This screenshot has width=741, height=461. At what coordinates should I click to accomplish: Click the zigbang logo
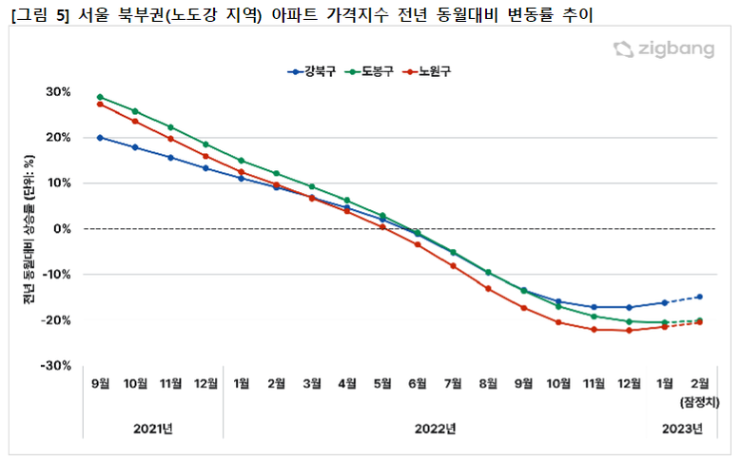tap(663, 50)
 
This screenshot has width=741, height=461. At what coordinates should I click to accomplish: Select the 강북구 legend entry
tap(313, 71)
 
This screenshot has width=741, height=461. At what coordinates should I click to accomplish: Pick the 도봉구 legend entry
tap(372, 71)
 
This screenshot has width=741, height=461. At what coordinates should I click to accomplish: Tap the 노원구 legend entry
tap(430, 71)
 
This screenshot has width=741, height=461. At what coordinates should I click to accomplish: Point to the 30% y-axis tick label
tap(58, 92)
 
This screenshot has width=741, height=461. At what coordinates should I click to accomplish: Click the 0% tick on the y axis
tap(63, 229)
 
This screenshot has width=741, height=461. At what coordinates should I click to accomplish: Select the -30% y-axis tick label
tap(55, 366)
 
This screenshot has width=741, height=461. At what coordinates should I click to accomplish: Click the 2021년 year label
tap(152, 429)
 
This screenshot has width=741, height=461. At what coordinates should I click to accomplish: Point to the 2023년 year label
tap(682, 429)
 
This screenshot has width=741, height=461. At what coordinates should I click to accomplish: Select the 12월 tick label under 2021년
tap(205, 383)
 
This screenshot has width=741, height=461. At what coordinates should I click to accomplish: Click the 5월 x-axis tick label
tap(381, 383)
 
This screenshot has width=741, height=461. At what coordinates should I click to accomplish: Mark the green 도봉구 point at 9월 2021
tap(100, 97)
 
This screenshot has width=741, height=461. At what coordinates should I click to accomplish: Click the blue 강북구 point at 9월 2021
tap(100, 138)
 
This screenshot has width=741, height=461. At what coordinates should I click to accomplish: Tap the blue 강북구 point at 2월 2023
tap(699, 297)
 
